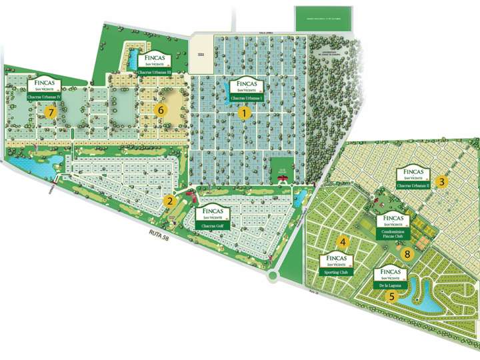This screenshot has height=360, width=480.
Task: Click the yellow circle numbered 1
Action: (245, 113)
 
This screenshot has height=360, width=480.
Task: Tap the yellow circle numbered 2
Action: (170, 201)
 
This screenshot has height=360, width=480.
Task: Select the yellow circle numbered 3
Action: (441, 181)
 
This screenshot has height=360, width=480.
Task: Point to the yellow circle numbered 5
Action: (392, 297)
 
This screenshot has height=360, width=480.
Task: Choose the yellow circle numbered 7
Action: (51, 113)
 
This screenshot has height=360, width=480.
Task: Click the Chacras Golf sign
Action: (211, 215)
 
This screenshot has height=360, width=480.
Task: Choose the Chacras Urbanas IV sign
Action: (44, 88)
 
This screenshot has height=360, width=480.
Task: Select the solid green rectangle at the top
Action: (320, 21)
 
